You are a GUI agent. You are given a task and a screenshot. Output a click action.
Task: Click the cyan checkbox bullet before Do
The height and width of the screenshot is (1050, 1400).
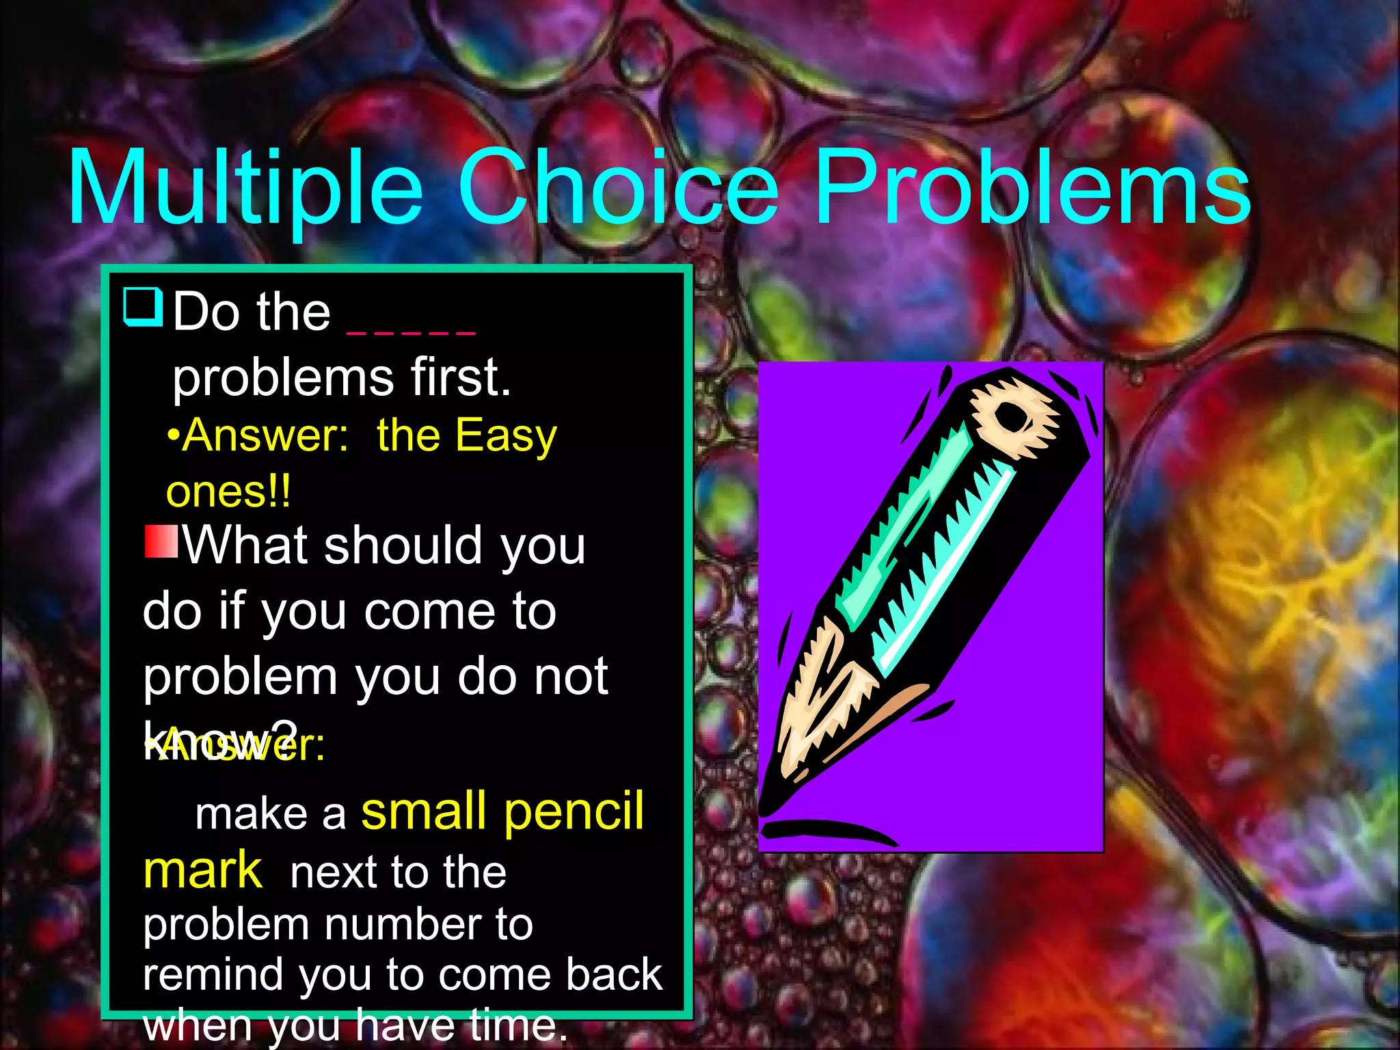(144, 307)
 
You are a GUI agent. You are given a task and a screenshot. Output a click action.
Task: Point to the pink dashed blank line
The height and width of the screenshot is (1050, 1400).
(411, 332)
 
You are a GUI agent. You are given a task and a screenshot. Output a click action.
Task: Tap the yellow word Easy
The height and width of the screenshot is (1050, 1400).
(506, 436)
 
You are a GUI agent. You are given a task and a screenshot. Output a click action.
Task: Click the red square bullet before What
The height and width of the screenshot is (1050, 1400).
(161, 541)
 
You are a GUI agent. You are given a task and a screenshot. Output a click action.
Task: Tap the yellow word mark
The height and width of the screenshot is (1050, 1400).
(202, 871)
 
